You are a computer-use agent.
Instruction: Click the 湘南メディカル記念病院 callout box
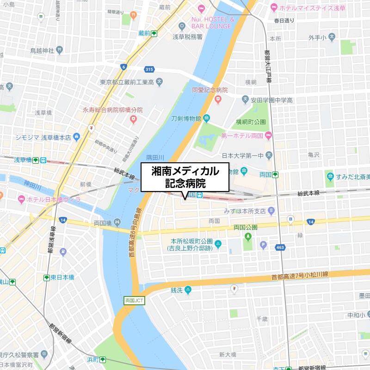[x=185, y=177]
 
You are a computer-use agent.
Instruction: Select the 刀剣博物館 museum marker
[x=207, y=118]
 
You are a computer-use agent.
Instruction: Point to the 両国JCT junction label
[x=135, y=300]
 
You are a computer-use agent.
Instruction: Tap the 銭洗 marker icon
[x=188, y=290]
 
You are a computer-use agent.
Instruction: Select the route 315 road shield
[x=149, y=69]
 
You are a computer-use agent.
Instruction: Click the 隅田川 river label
[x=155, y=157]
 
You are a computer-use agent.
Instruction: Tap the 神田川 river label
[x=32, y=187]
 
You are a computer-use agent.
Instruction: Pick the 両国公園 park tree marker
[x=248, y=237]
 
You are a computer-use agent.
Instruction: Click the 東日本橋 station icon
[x=46, y=277]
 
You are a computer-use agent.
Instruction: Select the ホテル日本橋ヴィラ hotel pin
[x=21, y=199]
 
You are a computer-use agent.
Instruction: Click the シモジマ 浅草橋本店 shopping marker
[x=77, y=137]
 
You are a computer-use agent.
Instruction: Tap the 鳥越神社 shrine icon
[x=59, y=50]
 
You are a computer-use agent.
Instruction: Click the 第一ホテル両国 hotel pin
[x=268, y=136]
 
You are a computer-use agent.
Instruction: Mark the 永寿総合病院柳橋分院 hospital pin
[x=133, y=120]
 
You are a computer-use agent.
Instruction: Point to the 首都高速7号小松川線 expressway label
[x=299, y=276]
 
